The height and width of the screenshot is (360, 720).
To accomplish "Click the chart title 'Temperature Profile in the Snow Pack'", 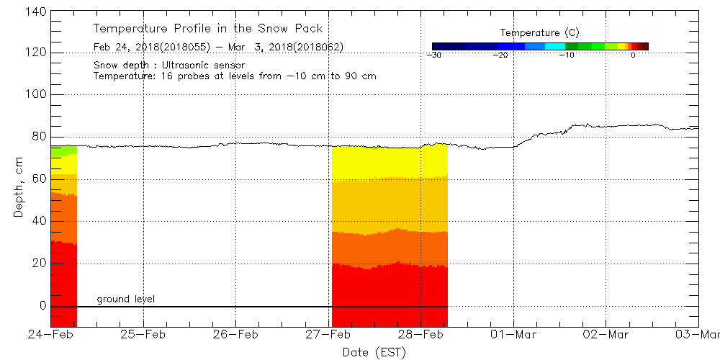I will click(x=208, y=29).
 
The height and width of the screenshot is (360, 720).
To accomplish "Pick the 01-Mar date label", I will click(x=513, y=335).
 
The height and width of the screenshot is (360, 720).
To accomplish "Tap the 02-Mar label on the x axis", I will click(x=606, y=335).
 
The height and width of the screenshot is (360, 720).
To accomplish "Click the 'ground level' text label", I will click(x=126, y=299).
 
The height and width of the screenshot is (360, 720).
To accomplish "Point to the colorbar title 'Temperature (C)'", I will click(x=539, y=32).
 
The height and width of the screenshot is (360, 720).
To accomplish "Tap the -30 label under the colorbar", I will click(x=433, y=55).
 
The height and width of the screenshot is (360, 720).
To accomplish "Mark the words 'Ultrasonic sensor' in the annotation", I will click(x=209, y=66).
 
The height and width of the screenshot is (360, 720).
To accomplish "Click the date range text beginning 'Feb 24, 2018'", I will click(x=218, y=48).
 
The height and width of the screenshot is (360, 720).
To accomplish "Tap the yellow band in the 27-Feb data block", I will click(x=389, y=162).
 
